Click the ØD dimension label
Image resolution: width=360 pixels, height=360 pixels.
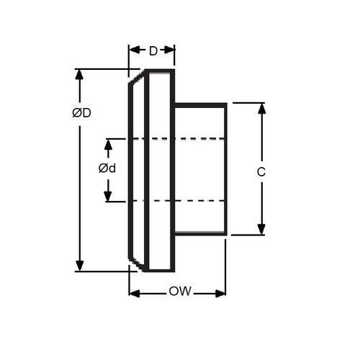[x=81, y=113]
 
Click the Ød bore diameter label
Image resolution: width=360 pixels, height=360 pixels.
[x=108, y=168]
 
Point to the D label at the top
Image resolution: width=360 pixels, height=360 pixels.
[x=153, y=51]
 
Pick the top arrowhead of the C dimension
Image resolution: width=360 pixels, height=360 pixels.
[x=261, y=108]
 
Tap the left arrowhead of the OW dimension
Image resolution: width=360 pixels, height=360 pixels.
[x=134, y=293]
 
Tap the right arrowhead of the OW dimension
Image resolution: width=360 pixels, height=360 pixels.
[x=220, y=293]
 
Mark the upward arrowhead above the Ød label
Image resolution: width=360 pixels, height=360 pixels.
[x=108, y=143]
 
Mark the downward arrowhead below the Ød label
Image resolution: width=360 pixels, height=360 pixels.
[x=108, y=196]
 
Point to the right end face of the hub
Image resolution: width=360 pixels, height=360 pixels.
[x=227, y=168]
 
